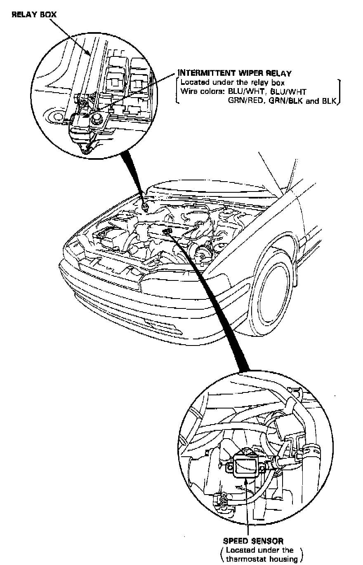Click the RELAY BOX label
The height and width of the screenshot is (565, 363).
pyautogui.click(x=34, y=15)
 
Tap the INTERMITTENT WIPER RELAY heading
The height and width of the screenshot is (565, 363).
pyautogui.click(x=234, y=74)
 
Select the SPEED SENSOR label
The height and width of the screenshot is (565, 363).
pyautogui.click(x=253, y=541)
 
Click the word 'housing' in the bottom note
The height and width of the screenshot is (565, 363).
pyautogui.click(x=283, y=559)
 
